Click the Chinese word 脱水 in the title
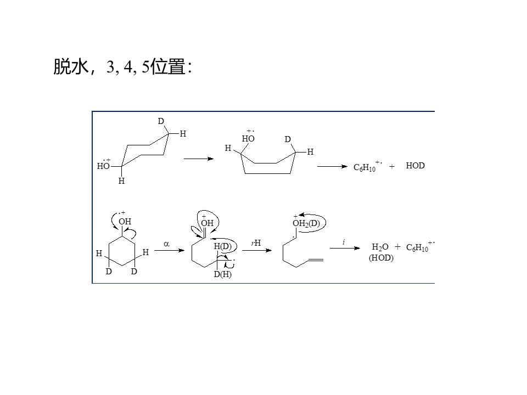tap(71, 66)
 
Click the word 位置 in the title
tap(168, 66)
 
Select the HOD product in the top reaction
tap(415, 166)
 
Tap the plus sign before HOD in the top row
tap(391, 166)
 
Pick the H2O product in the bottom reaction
tap(380, 247)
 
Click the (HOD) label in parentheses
tap(381, 258)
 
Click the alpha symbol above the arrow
tap(166, 244)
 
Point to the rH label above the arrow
tap(256, 243)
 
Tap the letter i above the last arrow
tap(344, 242)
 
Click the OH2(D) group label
tap(306, 223)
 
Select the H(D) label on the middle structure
tap(222, 246)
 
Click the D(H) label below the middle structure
tap(222, 274)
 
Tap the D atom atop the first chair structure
tap(161, 121)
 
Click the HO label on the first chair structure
tap(103, 166)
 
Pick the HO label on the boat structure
tap(248, 139)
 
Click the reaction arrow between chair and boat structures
tap(199, 159)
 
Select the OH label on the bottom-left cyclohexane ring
tap(125, 222)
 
